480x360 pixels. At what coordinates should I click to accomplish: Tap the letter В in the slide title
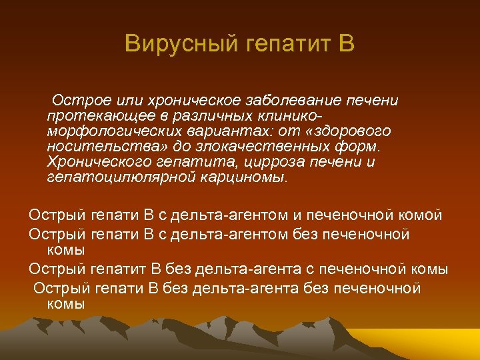click(x=346, y=45)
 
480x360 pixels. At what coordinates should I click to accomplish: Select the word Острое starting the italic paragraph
click(x=75, y=100)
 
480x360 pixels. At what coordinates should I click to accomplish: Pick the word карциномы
click(x=241, y=177)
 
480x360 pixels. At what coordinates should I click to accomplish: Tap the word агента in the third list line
click(x=277, y=269)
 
